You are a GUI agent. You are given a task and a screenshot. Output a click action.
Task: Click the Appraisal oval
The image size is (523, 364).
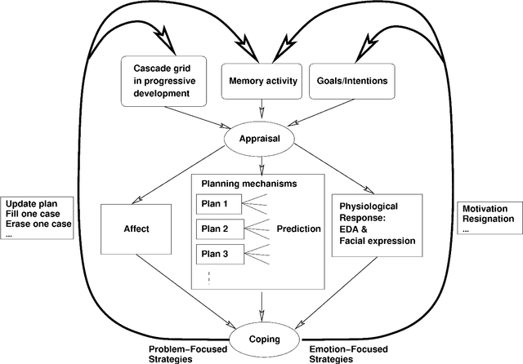pyautogui.click(x=261, y=139)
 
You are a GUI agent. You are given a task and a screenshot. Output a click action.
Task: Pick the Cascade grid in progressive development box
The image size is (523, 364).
pyautogui.click(x=166, y=82)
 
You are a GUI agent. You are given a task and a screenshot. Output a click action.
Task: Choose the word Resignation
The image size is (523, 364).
pyautogui.click(x=489, y=219)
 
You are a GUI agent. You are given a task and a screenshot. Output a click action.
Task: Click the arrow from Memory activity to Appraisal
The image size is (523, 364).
pyautogui.click(x=261, y=111)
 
